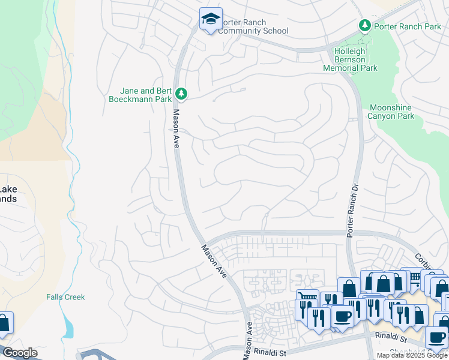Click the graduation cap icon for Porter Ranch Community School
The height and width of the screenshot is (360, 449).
click(211, 19)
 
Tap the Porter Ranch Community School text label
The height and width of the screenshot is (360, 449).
click(254, 27)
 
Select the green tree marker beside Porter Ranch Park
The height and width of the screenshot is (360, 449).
click(364, 26)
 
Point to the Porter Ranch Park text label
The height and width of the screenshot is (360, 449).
click(406, 26)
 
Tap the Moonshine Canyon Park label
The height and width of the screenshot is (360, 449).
click(391, 111)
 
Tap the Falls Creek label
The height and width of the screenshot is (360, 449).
click(65, 297)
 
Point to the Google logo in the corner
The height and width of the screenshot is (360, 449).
click(19, 353)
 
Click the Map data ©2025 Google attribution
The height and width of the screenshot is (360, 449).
click(411, 355)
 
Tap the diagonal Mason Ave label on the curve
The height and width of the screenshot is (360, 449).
click(213, 260)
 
